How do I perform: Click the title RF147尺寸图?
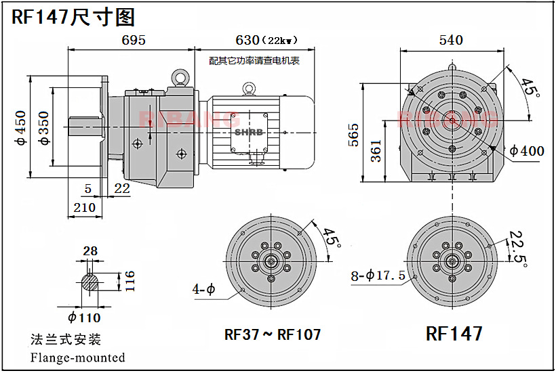pyautogui.click(x=74, y=17)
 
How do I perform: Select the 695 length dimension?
pyautogui.click(x=134, y=40)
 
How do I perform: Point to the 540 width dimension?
pyautogui.click(x=451, y=40)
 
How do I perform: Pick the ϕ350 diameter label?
pyautogui.click(x=45, y=128)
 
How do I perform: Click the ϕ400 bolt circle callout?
pyautogui.click(x=526, y=150)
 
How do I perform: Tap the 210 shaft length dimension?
pyautogui.click(x=85, y=207)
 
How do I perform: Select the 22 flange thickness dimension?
pyautogui.click(x=122, y=189)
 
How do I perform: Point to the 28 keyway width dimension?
pyautogui.click(x=90, y=251)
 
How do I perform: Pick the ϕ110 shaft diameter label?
pyautogui.click(x=84, y=317)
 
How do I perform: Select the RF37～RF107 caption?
pyautogui.click(x=273, y=334)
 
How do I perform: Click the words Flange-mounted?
pyautogui.click(x=78, y=357)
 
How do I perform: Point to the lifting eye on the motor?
pyautogui.click(x=250, y=89)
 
